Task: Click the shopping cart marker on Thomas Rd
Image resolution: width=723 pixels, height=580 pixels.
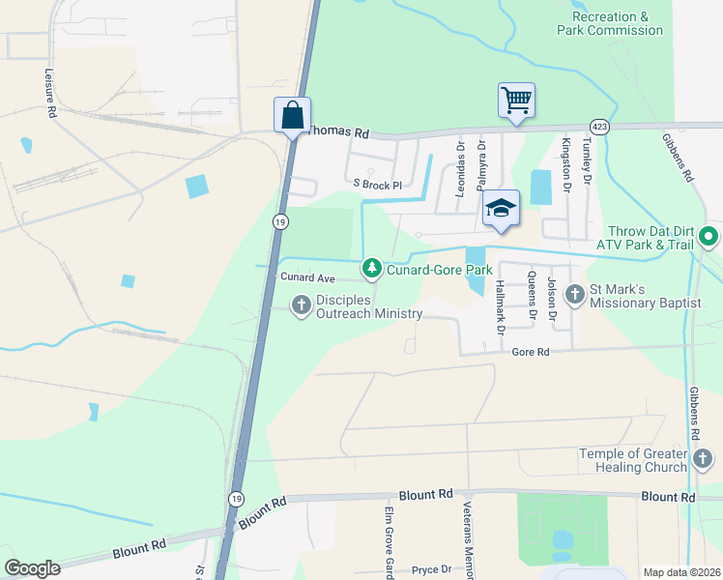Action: point(516,101)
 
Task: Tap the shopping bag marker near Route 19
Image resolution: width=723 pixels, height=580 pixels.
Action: point(292,116)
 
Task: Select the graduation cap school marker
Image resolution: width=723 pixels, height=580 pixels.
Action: point(502,209)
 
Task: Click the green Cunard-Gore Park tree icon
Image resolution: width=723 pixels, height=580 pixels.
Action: point(371,267)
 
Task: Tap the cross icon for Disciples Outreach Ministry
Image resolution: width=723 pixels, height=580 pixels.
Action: point(301,305)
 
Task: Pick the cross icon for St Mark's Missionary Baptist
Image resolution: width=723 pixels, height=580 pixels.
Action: point(575,292)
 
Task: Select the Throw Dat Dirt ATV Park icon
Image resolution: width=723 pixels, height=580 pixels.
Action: point(709,236)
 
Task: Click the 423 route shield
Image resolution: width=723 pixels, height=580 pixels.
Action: point(599,126)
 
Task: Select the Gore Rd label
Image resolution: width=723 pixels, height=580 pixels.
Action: point(531,353)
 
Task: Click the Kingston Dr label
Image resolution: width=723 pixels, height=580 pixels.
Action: point(565,158)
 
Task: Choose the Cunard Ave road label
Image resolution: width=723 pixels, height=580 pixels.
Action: point(306,277)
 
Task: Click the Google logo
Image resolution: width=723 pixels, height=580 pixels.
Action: point(33,568)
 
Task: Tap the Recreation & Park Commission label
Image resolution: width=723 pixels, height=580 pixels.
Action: point(618,23)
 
